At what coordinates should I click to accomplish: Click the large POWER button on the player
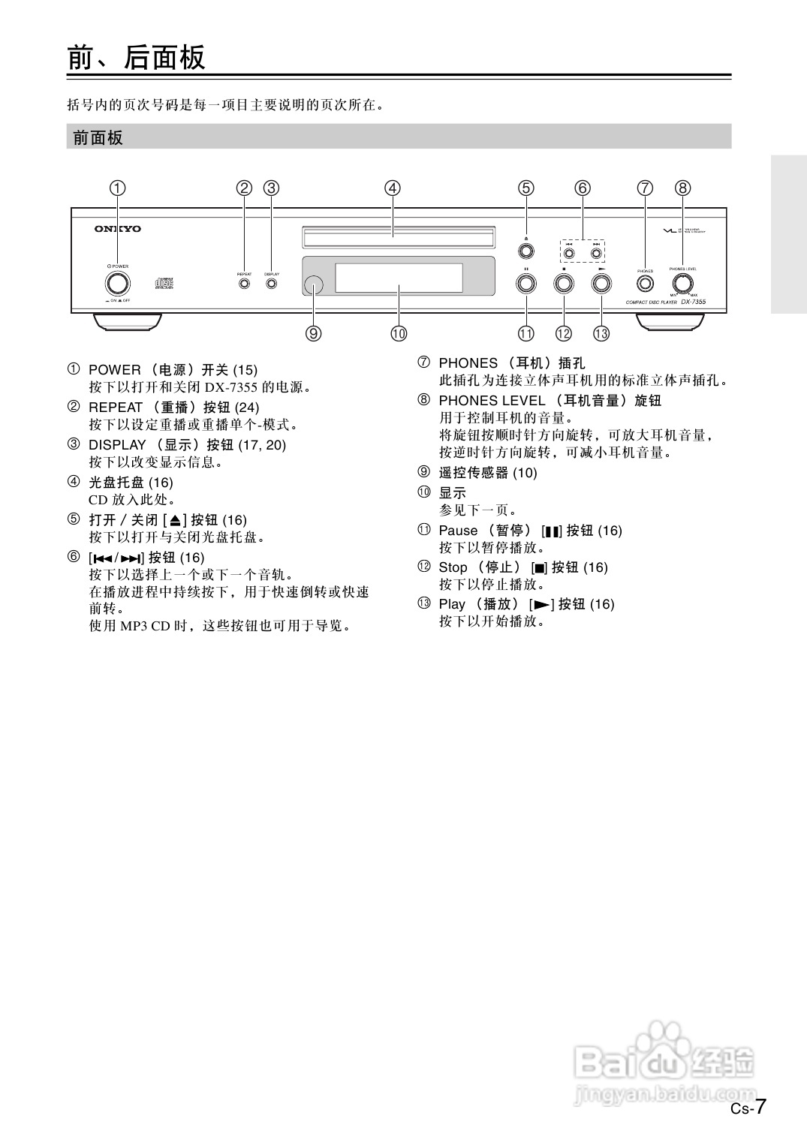pyautogui.click(x=117, y=284)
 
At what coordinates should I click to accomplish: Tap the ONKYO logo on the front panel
pyautogui.click(x=117, y=229)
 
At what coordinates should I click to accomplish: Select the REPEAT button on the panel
pyautogui.click(x=244, y=284)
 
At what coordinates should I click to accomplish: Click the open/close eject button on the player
pyautogui.click(x=526, y=251)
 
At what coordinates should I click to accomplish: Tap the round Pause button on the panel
pyautogui.click(x=526, y=284)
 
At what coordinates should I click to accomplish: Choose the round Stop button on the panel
pyautogui.click(x=563, y=284)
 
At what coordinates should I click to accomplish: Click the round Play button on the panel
pyautogui.click(x=601, y=284)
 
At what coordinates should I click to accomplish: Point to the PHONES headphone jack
pyautogui.click(x=645, y=284)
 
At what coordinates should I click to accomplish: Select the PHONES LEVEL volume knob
pyautogui.click(x=682, y=284)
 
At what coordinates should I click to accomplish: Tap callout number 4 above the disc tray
pyautogui.click(x=393, y=188)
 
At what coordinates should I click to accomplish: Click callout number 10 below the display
pyautogui.click(x=399, y=333)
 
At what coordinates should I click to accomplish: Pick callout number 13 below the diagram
pyautogui.click(x=601, y=333)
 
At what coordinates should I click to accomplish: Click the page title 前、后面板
pyautogui.click(x=137, y=57)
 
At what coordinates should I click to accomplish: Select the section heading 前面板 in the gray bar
pyautogui.click(x=98, y=137)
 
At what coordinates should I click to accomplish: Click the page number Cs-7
pyautogui.click(x=748, y=1108)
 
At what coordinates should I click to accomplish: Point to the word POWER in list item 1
pyautogui.click(x=114, y=370)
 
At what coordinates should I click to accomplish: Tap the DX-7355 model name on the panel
pyautogui.click(x=693, y=302)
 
